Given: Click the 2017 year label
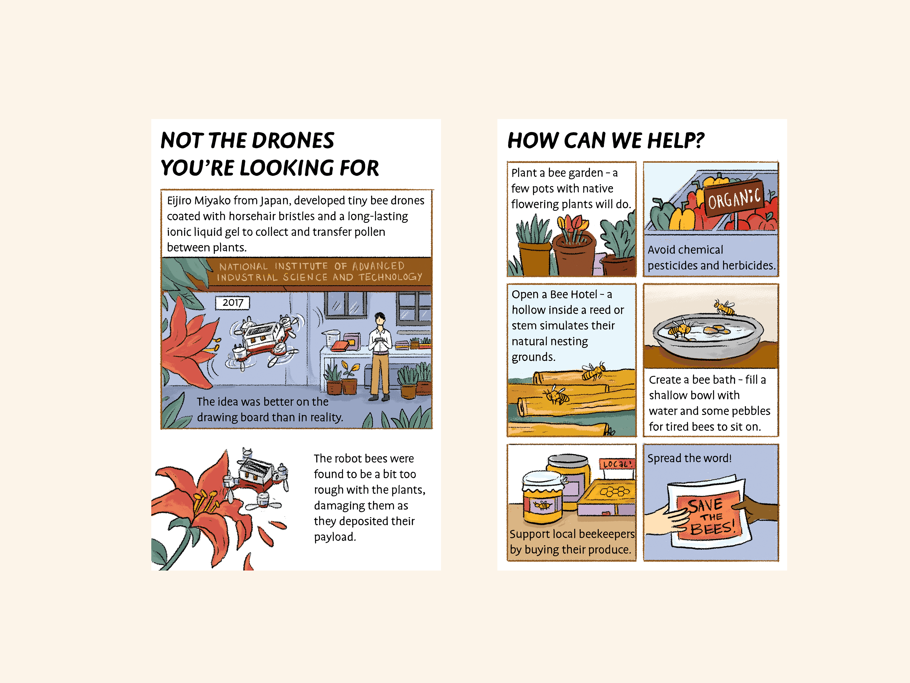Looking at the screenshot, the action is click(x=233, y=303).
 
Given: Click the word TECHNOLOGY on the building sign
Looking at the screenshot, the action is click(x=390, y=277).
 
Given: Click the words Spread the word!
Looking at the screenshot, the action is click(x=690, y=458).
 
